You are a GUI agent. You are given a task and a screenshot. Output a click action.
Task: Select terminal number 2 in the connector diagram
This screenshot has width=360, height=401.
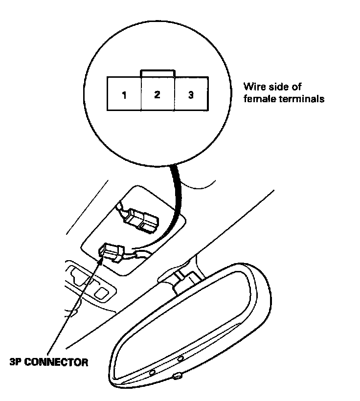(157, 95)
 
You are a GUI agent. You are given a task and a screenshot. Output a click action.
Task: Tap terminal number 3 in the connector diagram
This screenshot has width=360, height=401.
(190, 95)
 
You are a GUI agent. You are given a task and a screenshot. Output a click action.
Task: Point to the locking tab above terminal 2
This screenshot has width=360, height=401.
(157, 73)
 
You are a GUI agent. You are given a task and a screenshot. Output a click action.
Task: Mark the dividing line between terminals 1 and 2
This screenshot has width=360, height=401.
(141, 94)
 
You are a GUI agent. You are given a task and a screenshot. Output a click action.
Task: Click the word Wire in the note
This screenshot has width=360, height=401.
(253, 88)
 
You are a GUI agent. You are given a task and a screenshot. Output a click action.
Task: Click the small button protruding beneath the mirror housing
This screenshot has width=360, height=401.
(177, 376)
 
